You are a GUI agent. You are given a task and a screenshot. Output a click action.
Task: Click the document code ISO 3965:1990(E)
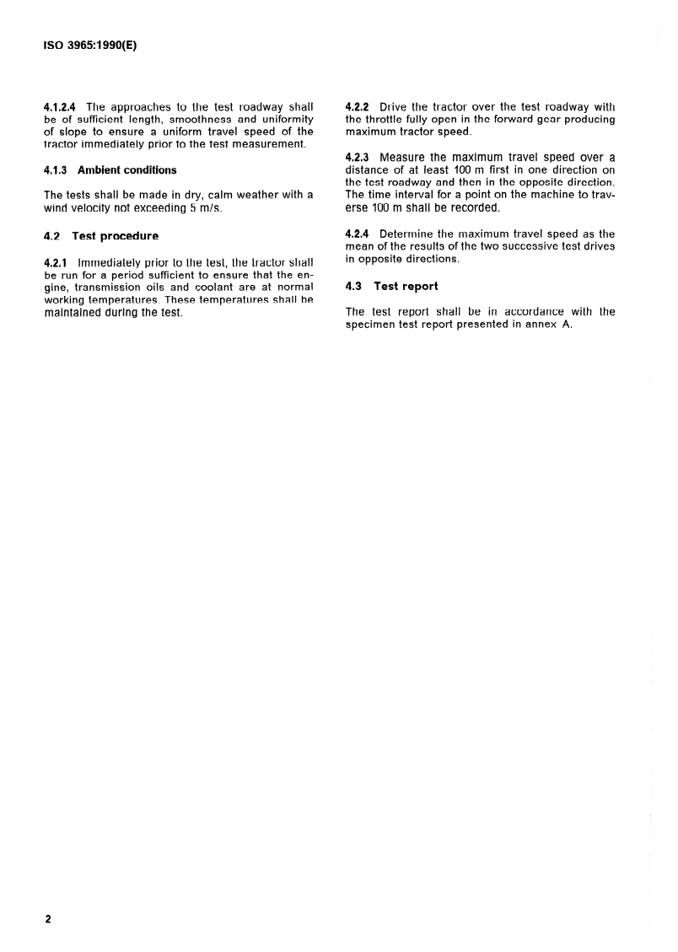click(89, 48)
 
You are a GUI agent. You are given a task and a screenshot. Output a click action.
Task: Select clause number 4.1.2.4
click(60, 107)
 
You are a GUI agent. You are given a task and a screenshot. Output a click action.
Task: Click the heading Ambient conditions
click(127, 169)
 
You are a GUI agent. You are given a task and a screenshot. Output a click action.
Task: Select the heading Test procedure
click(116, 236)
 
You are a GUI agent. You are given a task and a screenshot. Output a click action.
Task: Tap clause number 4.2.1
click(56, 263)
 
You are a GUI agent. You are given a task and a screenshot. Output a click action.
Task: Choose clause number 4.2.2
click(359, 107)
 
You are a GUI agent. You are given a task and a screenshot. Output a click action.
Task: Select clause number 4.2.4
click(359, 234)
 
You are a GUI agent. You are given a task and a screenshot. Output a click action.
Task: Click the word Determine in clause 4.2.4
click(409, 234)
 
